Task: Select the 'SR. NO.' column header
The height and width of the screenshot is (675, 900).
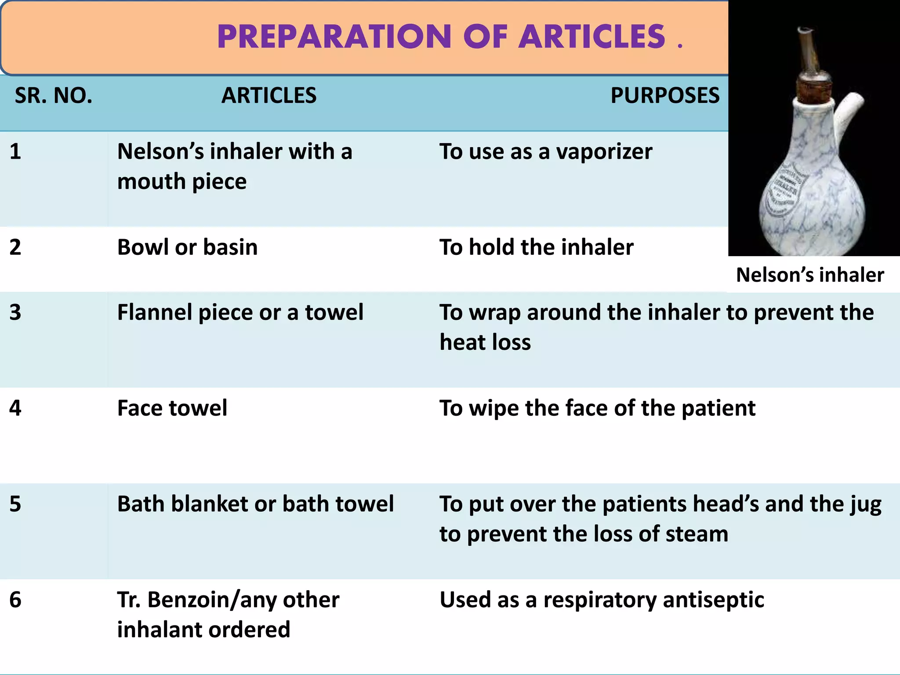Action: click(x=54, y=95)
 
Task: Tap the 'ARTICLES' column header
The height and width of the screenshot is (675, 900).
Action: click(x=269, y=95)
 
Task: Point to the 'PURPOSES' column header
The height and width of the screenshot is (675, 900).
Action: click(x=664, y=95)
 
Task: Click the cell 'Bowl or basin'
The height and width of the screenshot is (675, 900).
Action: click(x=187, y=247)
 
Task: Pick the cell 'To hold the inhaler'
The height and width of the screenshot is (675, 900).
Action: click(x=536, y=247)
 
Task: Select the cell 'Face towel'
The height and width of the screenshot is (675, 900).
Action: click(x=172, y=408)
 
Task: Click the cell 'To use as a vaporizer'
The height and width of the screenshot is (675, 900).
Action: click(x=546, y=152)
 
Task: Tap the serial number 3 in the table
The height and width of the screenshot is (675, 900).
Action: click(x=15, y=312)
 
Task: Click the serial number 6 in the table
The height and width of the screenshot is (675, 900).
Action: click(x=15, y=599)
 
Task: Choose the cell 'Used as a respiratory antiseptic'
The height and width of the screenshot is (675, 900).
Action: click(x=602, y=599)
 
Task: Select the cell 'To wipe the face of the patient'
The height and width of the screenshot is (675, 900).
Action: click(x=597, y=408)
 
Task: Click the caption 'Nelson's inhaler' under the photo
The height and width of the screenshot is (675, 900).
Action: click(x=809, y=275)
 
